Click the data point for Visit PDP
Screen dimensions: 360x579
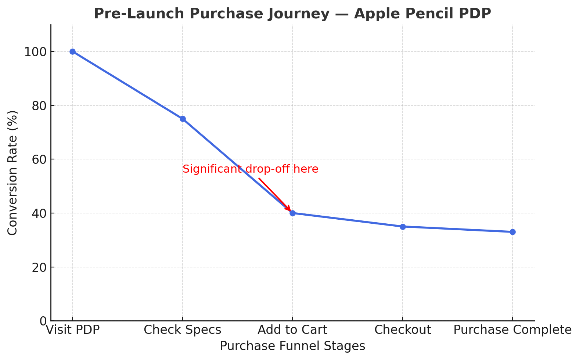pyautogui.click(x=72, y=51)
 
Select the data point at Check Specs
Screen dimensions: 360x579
pyautogui.click(x=183, y=119)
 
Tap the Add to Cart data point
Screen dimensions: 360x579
pyautogui.click(x=292, y=213)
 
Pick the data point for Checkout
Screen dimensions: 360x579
pyautogui.click(x=403, y=227)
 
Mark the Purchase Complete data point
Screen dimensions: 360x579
pyautogui.click(x=513, y=232)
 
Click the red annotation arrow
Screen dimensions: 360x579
pyautogui.click(x=274, y=194)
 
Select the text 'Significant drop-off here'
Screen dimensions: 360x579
pyautogui.click(x=250, y=169)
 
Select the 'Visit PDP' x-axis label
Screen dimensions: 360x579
pyautogui.click(x=72, y=330)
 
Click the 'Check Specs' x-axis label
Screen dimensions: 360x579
pyautogui.click(x=183, y=330)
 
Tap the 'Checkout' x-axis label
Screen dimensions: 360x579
pyautogui.click(x=403, y=330)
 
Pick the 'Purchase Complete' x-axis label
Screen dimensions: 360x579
pyautogui.click(x=513, y=330)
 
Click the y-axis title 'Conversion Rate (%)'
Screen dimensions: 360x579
pyautogui.click(x=12, y=173)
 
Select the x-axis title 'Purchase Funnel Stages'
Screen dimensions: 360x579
pyautogui.click(x=292, y=346)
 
